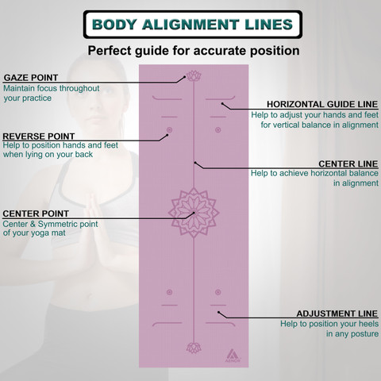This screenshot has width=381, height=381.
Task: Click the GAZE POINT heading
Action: coord(31,78)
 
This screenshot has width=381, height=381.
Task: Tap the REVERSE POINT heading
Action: coord(39,137)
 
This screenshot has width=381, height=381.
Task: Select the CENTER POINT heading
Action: coord(36,214)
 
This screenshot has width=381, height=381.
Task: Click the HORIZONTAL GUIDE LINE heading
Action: coord(322,104)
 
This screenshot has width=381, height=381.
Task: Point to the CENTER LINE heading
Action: coord(348,164)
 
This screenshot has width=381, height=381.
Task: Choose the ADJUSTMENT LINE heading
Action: coord(337,314)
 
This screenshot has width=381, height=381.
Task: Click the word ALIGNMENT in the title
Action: coord(190,25)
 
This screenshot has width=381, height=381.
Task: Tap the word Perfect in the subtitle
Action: coord(110,51)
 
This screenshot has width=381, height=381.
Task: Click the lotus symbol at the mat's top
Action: coord(194,76)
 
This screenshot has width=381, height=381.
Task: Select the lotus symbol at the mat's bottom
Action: coord(194,348)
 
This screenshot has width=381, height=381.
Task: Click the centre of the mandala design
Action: coord(194,213)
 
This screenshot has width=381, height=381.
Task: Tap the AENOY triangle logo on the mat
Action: coord(233,356)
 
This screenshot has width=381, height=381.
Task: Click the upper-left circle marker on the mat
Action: coord(169,130)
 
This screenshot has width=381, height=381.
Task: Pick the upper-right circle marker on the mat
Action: coord(218,130)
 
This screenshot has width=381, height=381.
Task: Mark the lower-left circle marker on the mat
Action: coord(169,292)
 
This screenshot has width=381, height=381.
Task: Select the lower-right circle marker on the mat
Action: coord(218,292)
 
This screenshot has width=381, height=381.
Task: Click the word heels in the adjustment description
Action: coord(369,324)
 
